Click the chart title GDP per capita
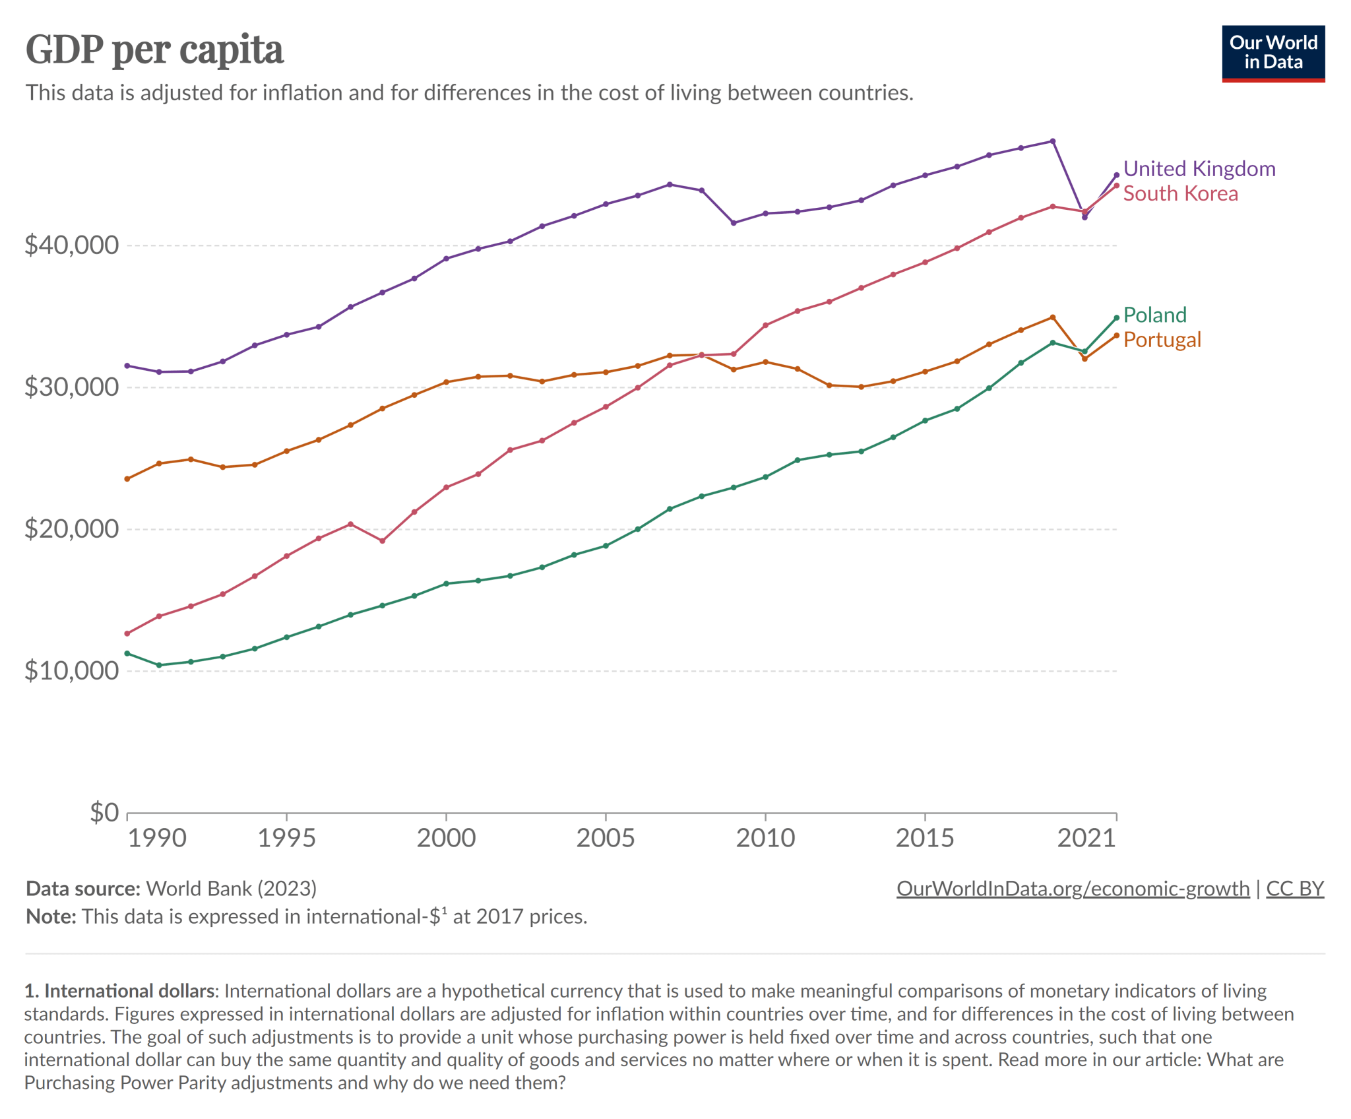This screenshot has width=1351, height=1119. [154, 49]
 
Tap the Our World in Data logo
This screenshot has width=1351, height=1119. [1272, 53]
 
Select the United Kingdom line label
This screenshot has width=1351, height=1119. [1199, 169]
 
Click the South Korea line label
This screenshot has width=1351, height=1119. [1179, 194]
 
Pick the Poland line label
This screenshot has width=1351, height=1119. [1154, 315]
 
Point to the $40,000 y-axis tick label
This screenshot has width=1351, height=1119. [71, 245]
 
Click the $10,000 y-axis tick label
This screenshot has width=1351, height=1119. [71, 671]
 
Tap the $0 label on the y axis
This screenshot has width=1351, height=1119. [104, 812]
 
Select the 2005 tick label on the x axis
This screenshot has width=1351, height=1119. [605, 839]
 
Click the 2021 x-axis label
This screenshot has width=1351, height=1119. [1086, 839]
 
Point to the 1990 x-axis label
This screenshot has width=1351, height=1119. [156, 839]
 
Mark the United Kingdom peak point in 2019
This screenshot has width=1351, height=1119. [1052, 141]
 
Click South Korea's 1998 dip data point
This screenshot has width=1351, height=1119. [382, 541]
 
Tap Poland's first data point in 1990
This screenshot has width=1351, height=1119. [127, 653]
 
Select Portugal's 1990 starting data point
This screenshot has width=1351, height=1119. [127, 479]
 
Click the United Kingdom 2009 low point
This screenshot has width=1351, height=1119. [734, 223]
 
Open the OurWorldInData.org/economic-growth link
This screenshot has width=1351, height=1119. [1073, 889]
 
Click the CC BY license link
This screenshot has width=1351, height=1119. [1294, 889]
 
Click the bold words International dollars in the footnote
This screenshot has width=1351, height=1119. [129, 991]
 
